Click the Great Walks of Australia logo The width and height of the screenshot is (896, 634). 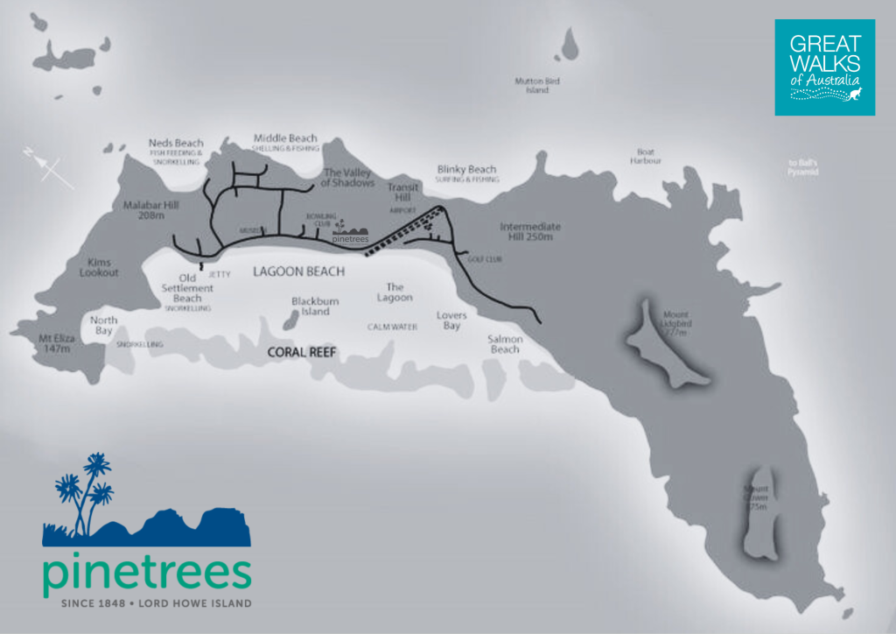[824, 67]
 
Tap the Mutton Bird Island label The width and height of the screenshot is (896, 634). [536, 85]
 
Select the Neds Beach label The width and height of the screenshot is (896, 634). [176, 143]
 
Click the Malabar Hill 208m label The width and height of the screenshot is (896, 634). [146, 209]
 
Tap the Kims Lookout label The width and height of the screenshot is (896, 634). [98, 267]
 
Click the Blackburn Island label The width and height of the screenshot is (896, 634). [315, 306]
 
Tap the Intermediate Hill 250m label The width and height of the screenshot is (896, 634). [530, 232]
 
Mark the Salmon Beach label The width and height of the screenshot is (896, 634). [505, 344]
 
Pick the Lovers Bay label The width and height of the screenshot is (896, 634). [451, 320]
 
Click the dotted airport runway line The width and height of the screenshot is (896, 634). [402, 231]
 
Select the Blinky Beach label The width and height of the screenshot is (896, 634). [466, 169]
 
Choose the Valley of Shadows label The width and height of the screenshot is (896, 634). [348, 178]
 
